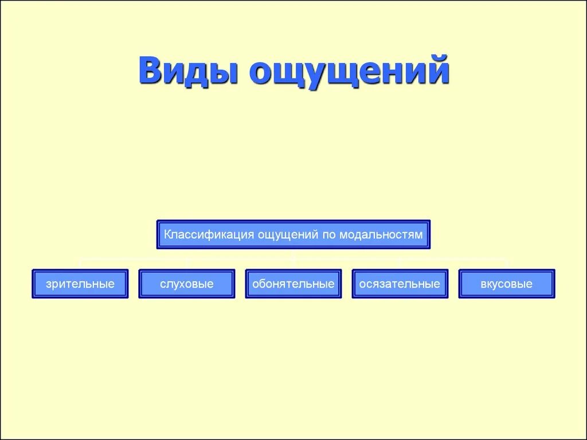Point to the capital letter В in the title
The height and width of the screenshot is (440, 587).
point(151,71)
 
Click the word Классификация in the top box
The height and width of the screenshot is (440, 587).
point(209,234)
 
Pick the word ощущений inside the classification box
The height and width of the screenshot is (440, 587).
point(291,234)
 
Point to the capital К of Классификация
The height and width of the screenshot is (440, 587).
point(168,234)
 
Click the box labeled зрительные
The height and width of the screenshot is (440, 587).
point(80,284)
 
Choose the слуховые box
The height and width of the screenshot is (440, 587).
point(187,284)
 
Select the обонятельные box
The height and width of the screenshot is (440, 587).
point(293,284)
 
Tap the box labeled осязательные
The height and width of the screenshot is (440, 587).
point(400,284)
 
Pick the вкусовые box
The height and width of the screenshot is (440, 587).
point(507,284)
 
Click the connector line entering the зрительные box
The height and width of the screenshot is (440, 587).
point(80,264)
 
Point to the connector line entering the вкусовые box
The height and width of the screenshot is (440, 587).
point(507,264)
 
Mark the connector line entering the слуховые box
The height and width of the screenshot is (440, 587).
point(187,264)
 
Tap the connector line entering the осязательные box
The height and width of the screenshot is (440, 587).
point(400,264)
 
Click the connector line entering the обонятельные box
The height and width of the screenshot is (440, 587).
point(293,264)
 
